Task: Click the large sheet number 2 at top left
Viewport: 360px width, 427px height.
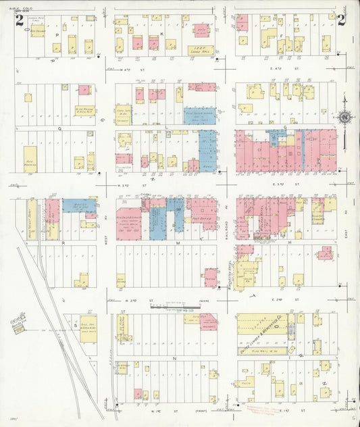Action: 20,20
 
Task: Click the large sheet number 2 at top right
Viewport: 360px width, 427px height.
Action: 341,20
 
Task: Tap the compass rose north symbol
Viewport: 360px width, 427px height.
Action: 345,118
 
